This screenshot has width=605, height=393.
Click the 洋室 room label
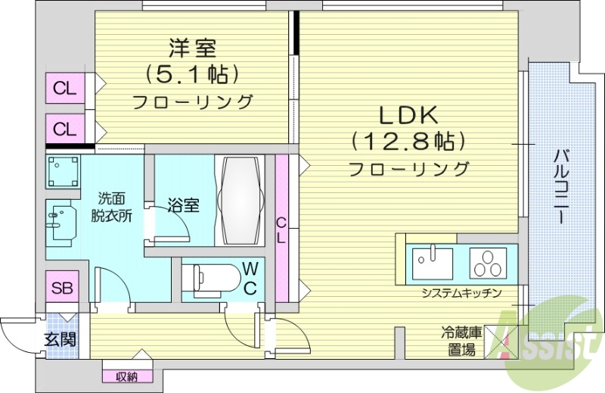click(192, 49)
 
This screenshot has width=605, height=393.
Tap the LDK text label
click(408, 116)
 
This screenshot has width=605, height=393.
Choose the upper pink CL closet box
click(65, 89)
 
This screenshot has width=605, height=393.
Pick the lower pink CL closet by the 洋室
click(65, 129)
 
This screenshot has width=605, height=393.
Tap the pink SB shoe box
click(63, 288)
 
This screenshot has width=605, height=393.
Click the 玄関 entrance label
click(59, 338)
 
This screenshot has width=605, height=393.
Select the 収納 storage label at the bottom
click(126, 376)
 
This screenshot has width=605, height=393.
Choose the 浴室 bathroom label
click(183, 204)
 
